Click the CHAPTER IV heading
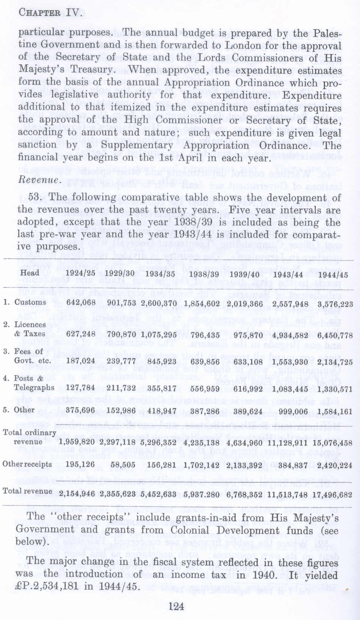(50, 13)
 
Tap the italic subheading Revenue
(39, 179)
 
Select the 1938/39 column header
(204, 274)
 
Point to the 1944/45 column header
(333, 274)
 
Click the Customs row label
(30, 302)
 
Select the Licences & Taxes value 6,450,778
(335, 335)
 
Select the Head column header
(30, 273)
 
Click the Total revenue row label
(27, 491)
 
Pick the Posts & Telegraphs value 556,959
(205, 389)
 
